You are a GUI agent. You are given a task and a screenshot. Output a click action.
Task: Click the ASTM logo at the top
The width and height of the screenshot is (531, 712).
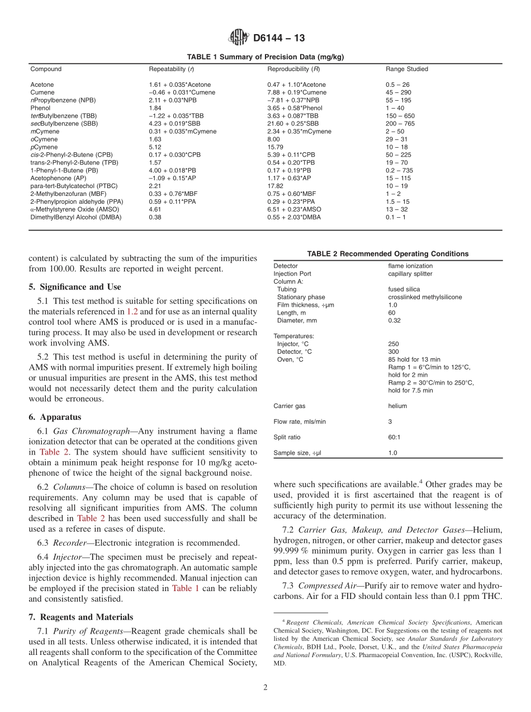(239, 38)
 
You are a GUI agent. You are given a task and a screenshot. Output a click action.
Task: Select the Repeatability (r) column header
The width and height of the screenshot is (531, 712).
(172, 69)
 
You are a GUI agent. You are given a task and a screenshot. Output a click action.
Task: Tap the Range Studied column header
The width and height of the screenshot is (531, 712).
(406, 69)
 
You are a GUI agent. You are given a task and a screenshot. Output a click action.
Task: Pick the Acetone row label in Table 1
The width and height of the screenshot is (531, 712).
(42, 85)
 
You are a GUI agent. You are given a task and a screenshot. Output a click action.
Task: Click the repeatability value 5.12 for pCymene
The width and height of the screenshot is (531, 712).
(155, 147)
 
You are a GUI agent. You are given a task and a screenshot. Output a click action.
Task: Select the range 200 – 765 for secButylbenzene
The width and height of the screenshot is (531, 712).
(400, 124)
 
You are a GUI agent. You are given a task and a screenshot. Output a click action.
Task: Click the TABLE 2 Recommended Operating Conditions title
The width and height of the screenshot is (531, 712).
(387, 254)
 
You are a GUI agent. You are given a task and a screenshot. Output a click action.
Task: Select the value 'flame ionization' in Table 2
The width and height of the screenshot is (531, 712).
(410, 266)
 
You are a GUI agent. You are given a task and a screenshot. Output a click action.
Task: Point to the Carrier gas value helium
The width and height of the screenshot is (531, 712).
(397, 406)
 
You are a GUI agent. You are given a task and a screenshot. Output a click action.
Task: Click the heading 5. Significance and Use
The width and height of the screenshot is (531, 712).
(75, 287)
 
